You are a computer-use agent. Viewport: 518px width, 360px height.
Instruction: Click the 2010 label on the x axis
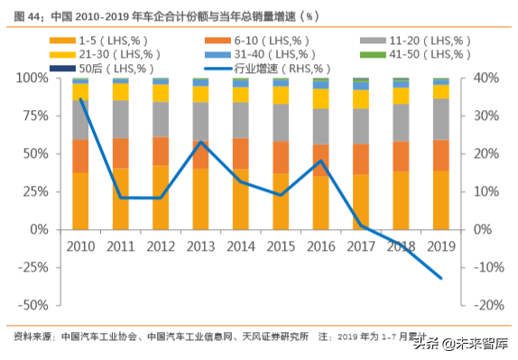pos(80,247)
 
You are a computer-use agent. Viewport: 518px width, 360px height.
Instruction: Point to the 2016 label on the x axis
pos(320,247)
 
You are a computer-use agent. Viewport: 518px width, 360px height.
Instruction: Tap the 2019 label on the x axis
pos(440,247)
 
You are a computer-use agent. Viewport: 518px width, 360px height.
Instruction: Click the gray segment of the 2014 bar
pos(240,119)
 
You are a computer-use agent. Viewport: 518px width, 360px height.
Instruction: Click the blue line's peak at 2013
pos(200,142)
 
